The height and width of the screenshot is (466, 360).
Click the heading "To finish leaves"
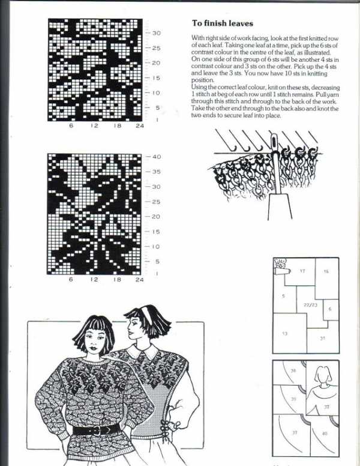click(x=222, y=23)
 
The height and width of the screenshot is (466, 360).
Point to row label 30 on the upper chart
click(x=155, y=33)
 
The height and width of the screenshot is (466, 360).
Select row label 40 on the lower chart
click(x=157, y=157)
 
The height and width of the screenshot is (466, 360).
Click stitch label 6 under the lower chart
click(x=71, y=280)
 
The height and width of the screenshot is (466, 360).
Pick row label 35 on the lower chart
click(x=157, y=172)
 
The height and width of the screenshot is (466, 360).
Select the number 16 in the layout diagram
click(x=326, y=271)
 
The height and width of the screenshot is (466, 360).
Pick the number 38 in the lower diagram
click(x=293, y=372)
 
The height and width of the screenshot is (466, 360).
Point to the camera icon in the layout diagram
click(x=280, y=263)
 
